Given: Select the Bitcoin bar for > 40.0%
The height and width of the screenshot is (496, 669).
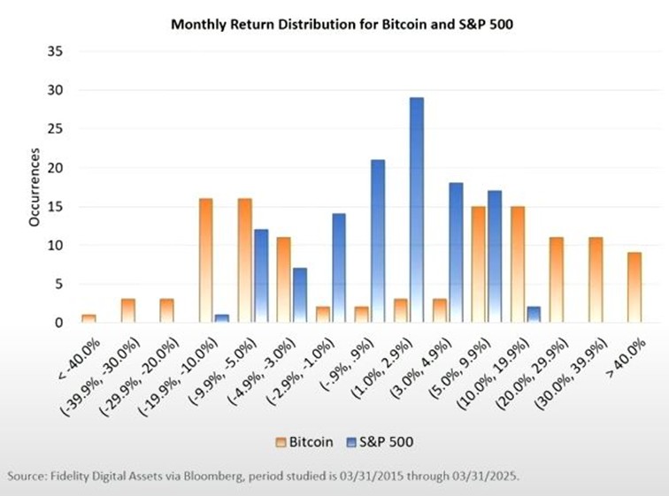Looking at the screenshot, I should (x=634, y=288).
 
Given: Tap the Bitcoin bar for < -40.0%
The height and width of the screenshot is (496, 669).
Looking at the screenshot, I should (x=88, y=318).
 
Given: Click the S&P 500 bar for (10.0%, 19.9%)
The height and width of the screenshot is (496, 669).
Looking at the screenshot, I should (x=533, y=315).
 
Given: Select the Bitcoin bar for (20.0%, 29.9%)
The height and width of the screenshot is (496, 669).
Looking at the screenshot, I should (x=556, y=280).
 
